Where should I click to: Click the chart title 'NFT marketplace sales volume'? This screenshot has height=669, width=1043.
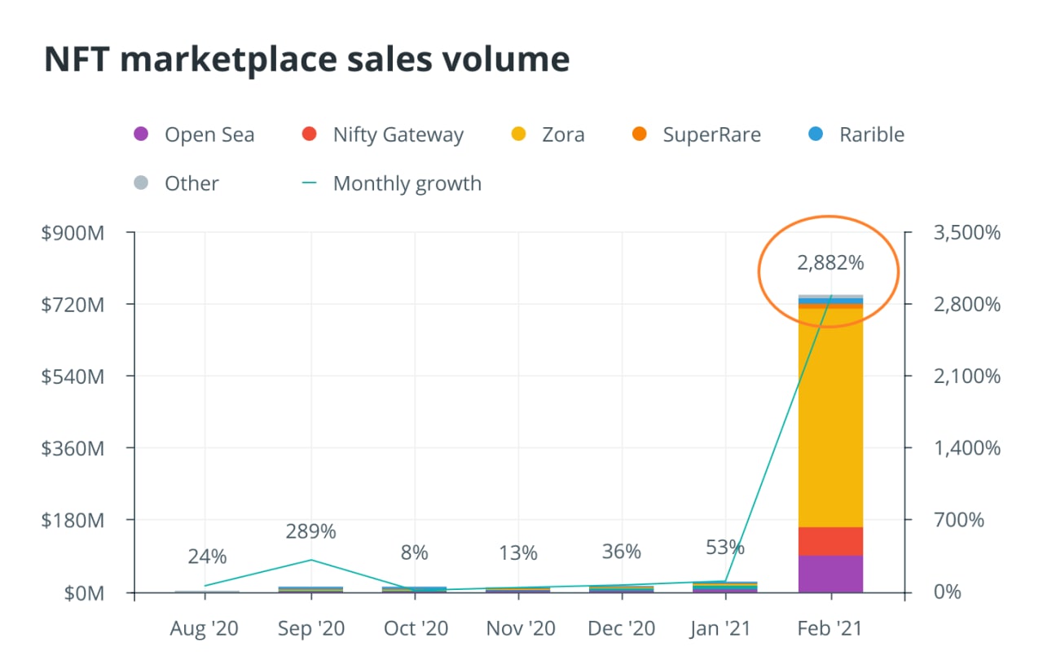pos(306,60)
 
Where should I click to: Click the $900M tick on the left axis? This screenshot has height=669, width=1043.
pos(73,233)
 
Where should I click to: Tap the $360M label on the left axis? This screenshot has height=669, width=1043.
pos(73,448)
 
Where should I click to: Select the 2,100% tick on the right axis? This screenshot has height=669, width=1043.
pos(965,376)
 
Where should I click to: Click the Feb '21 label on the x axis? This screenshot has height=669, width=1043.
pos(830,629)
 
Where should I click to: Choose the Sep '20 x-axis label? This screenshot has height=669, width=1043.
pos(311,629)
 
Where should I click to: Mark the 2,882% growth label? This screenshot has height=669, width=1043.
pos(830,262)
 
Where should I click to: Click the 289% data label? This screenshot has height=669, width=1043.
pos(310,531)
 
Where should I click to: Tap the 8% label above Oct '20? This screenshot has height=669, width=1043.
pos(414,552)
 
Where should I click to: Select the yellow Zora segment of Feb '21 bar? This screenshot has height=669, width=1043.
pos(830,416)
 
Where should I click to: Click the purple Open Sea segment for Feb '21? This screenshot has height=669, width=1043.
pos(830,574)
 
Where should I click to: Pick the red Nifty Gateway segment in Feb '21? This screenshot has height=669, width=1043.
pos(830,541)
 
